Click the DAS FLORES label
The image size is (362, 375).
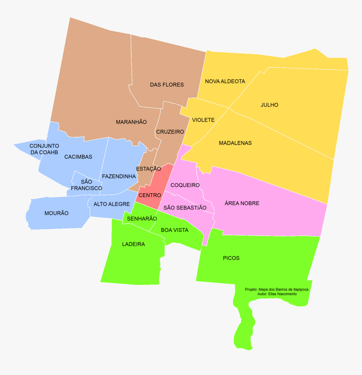click(167, 85)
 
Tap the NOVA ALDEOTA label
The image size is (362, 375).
click(225, 81)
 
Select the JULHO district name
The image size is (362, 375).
click(269, 105)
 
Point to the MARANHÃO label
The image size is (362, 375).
click(131, 122)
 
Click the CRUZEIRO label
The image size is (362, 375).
click(170, 132)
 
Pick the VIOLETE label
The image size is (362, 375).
click(203, 120)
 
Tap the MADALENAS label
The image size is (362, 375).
click(235, 143)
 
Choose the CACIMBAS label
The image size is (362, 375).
click(78, 157)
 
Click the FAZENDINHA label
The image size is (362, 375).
click(119, 176)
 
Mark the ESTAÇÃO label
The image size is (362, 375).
click(149, 169)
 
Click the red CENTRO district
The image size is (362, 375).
click(150, 195)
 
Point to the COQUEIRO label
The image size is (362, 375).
click(185, 185)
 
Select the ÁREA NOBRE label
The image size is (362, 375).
click(242, 203)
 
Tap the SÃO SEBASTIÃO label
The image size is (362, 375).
click(185, 207)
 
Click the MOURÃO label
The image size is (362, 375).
click(56, 213)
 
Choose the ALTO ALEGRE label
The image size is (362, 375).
click(112, 204)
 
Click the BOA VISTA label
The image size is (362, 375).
click(175, 230)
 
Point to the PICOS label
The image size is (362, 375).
click(231, 258)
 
